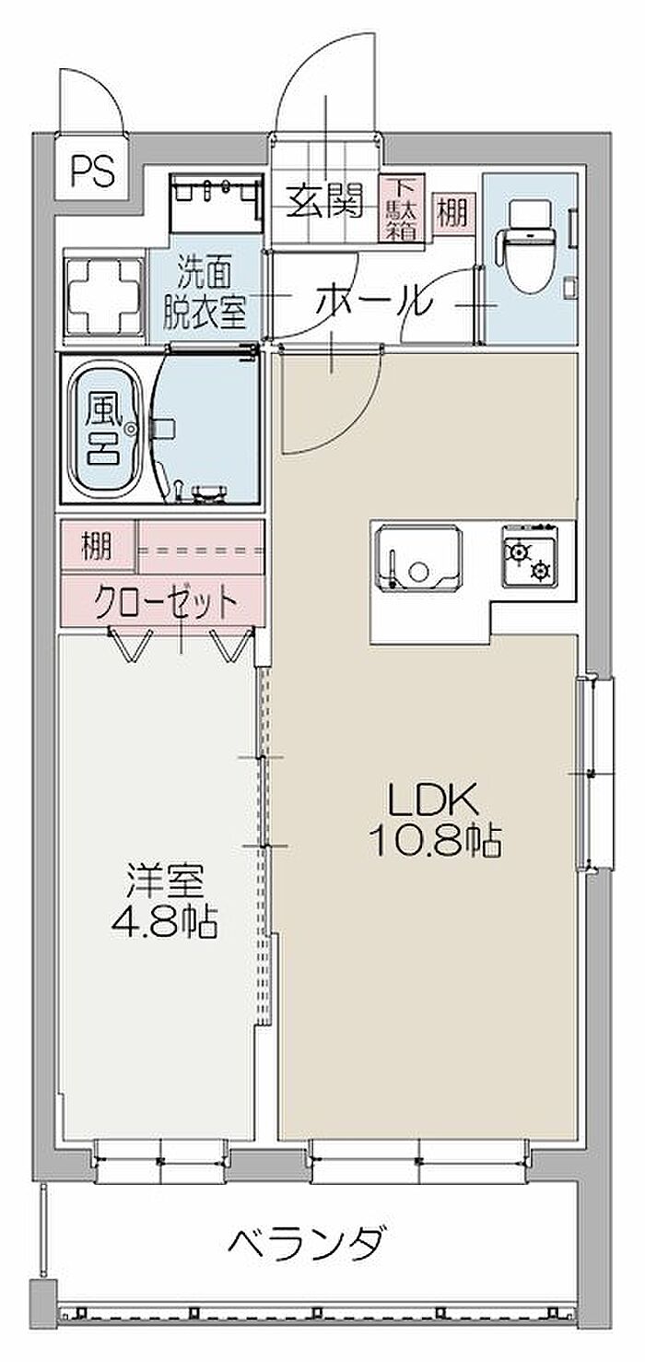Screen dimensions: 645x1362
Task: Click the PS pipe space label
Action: (x=92, y=172)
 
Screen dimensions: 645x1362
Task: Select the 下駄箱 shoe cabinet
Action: (x=402, y=208)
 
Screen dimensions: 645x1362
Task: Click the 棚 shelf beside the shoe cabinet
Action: (x=453, y=213)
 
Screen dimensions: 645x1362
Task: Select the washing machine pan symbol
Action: (x=101, y=297)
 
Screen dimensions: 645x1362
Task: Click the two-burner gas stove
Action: (x=528, y=553)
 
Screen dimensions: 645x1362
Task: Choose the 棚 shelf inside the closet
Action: (x=98, y=546)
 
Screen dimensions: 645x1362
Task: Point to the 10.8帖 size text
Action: (x=435, y=843)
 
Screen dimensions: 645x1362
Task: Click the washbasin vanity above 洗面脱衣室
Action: (x=217, y=204)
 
